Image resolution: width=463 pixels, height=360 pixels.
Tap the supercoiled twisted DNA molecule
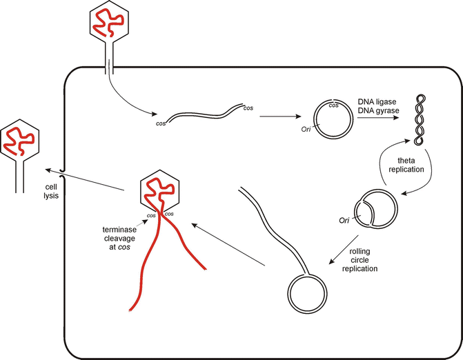pos(419,119)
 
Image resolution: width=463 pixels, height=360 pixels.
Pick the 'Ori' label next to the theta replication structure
pos(344,220)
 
